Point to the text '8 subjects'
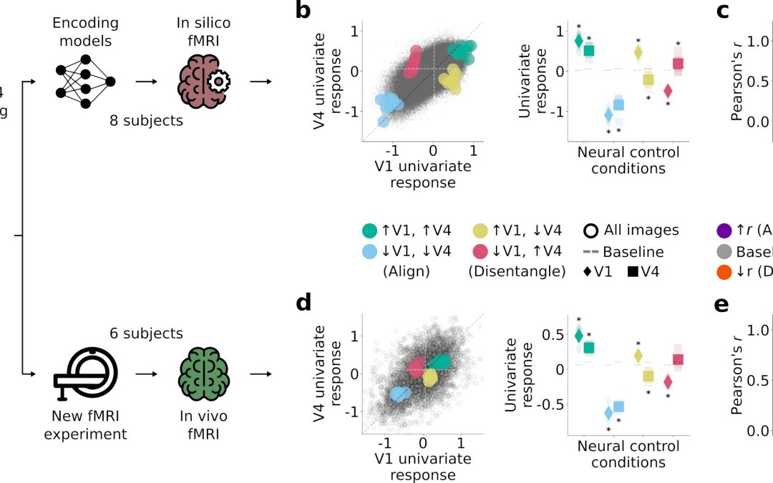(x=147, y=121)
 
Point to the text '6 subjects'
(x=146, y=333)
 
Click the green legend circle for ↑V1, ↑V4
(x=369, y=231)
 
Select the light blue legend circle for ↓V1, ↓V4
(x=369, y=252)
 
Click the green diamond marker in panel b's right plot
(x=578, y=41)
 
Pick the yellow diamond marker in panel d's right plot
(x=638, y=355)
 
